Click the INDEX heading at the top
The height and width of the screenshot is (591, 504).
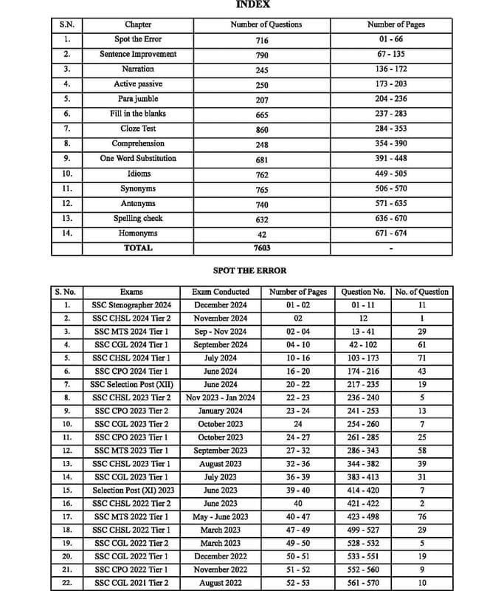(252, 4)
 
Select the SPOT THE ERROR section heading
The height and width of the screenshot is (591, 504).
(249, 271)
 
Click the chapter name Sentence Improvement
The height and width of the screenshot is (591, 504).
(138, 54)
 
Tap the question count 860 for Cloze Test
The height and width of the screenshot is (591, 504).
(262, 129)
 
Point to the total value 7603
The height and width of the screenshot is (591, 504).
(262, 249)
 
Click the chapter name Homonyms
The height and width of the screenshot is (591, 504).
(138, 233)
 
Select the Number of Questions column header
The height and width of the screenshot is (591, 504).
(266, 24)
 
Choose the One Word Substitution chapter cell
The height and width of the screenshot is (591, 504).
(138, 158)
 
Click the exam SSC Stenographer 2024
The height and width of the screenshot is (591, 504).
(131, 304)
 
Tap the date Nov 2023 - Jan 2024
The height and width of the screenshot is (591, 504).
(220, 397)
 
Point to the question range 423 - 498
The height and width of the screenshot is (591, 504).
(363, 517)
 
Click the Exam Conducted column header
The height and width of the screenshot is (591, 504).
(220, 292)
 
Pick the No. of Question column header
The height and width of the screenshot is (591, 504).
(421, 292)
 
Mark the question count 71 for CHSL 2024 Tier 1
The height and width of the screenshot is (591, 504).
(421, 358)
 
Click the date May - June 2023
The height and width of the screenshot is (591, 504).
(220, 517)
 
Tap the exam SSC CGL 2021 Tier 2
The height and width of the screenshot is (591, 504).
(131, 584)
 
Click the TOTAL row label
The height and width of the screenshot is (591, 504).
(138, 248)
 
